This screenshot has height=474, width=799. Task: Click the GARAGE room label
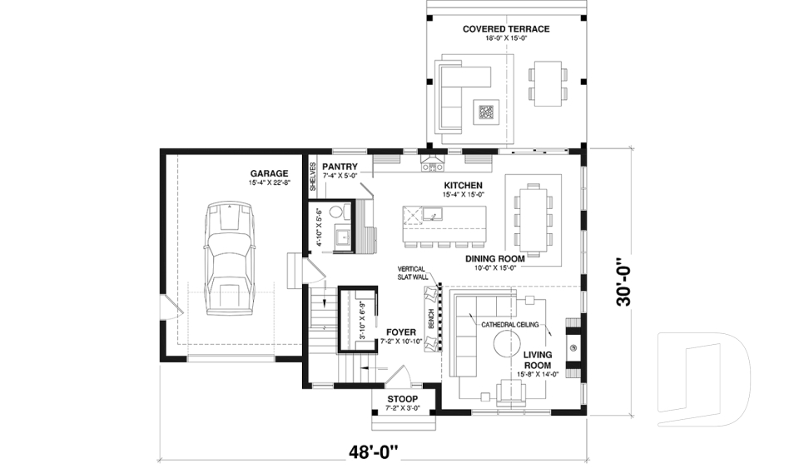click(x=268, y=173)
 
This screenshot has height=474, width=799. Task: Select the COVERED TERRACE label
click(x=506, y=29)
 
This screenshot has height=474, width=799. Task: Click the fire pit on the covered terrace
click(x=485, y=112)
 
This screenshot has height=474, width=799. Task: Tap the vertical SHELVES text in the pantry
click(x=314, y=177)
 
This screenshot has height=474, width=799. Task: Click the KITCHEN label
click(x=463, y=185)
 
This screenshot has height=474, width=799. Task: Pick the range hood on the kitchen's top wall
click(x=432, y=162)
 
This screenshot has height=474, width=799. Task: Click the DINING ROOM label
click(x=494, y=259)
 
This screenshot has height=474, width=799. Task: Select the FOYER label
click(x=401, y=332)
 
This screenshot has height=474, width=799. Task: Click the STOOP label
click(x=403, y=399)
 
